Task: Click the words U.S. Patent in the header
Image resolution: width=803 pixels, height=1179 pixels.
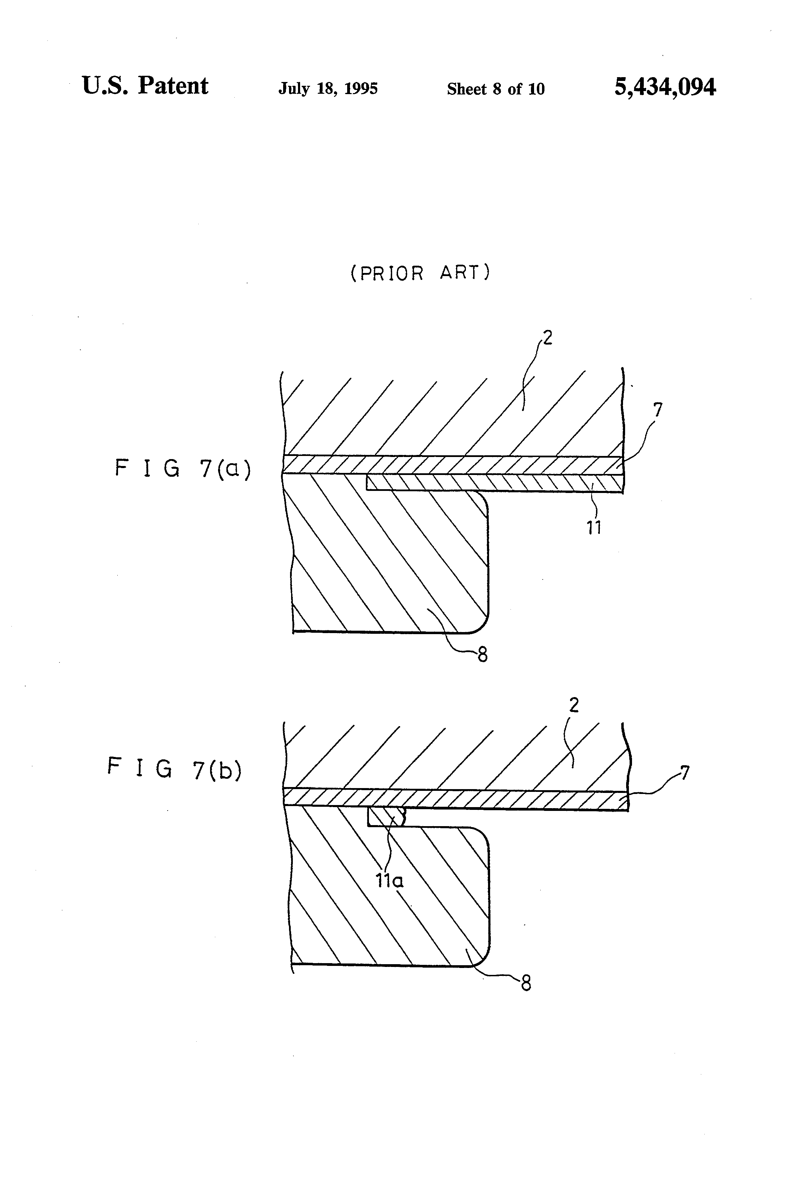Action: [x=145, y=86]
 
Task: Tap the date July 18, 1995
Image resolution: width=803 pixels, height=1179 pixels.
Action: [x=328, y=89]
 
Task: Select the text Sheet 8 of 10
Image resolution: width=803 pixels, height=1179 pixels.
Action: [x=495, y=89]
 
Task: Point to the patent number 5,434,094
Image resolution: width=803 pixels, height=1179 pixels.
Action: [x=665, y=87]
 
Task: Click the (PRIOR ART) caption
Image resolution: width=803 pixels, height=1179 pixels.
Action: [x=420, y=273]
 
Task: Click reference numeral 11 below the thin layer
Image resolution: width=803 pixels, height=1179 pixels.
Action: [x=594, y=528]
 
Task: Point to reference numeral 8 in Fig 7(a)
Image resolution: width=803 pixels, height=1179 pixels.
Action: [x=482, y=655]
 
